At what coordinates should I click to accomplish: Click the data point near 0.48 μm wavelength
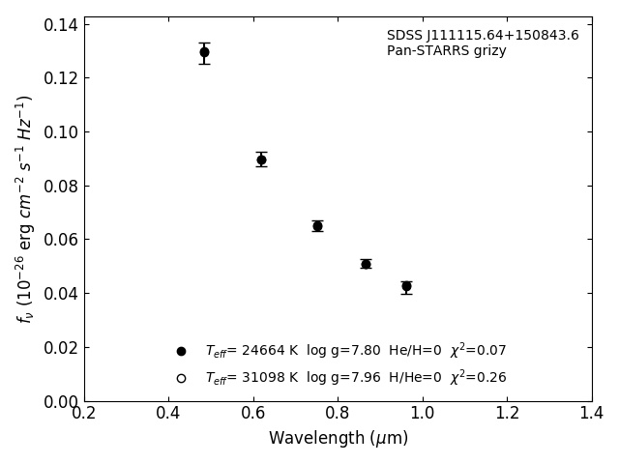[x=204, y=52]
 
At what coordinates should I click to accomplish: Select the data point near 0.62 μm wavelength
[x=261, y=159]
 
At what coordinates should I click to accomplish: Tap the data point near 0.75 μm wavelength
[x=317, y=226]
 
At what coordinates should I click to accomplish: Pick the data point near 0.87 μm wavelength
[x=366, y=264]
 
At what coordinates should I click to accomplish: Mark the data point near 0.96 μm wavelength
[x=406, y=286]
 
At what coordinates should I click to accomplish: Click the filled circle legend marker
[x=181, y=351]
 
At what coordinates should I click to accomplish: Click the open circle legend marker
[x=181, y=378]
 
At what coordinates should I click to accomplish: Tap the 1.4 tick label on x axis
[x=592, y=414]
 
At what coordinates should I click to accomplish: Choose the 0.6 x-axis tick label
[x=253, y=414]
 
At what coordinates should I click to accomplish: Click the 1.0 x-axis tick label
[x=423, y=414]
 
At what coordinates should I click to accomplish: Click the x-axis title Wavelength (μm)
[x=338, y=439]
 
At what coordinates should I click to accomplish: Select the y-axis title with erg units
[x=25, y=208]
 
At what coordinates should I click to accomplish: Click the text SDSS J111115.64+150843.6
[x=483, y=36]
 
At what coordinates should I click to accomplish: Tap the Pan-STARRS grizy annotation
[x=446, y=51]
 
